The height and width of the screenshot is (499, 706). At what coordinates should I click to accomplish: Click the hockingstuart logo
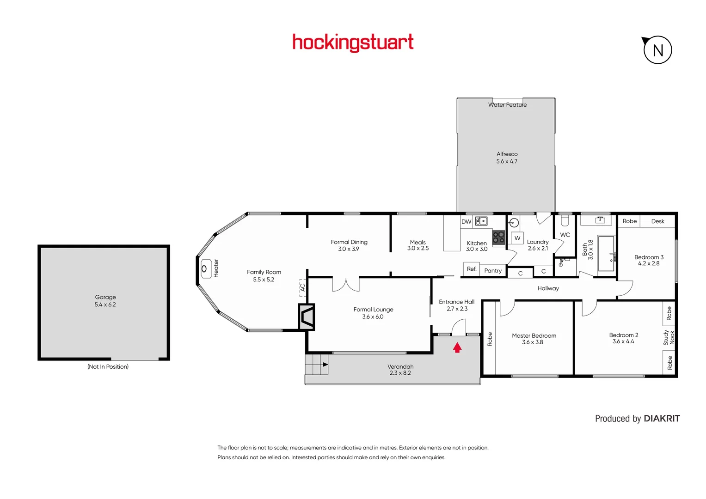(353, 43)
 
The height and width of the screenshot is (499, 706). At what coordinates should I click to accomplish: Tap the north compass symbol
(657, 50)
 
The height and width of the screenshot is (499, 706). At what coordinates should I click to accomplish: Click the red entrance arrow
(457, 347)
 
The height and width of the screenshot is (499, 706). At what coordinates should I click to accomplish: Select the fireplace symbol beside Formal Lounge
(307, 316)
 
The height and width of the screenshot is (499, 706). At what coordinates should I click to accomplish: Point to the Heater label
(216, 268)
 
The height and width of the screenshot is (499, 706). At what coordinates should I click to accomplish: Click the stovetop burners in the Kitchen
(498, 237)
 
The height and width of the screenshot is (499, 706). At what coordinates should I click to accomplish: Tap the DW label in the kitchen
(466, 222)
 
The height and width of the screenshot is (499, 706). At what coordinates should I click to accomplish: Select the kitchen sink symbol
(481, 221)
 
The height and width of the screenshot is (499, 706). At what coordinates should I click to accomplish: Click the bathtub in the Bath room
(606, 253)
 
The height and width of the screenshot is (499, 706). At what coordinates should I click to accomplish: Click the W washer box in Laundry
(517, 238)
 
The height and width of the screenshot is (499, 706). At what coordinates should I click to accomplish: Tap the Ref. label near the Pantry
(472, 269)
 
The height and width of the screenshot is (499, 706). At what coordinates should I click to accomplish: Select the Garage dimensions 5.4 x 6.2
(105, 304)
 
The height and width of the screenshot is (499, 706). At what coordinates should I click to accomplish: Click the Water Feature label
(507, 105)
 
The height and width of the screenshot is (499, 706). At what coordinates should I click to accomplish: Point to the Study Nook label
(669, 337)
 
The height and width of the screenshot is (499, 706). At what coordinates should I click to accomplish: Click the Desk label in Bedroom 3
(657, 221)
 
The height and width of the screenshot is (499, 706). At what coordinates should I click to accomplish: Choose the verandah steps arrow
(325, 365)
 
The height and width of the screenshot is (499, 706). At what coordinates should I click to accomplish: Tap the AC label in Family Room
(302, 287)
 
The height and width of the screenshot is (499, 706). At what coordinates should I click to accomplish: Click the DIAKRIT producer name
(662, 419)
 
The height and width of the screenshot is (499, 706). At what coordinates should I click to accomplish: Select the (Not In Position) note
(108, 367)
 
